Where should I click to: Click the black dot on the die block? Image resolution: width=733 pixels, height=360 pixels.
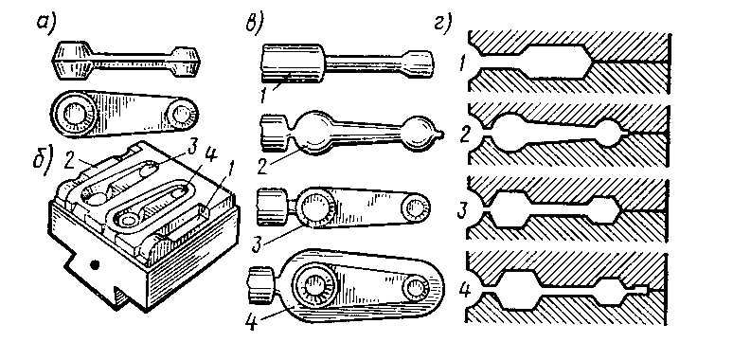pos(96,265)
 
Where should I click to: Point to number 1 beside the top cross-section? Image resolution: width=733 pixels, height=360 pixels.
pos(463,63)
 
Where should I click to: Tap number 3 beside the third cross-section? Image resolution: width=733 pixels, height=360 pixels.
pos(462,209)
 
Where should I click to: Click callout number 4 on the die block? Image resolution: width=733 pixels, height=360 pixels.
pos(212,155)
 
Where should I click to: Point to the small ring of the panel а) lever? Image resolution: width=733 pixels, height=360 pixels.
pos(182,114)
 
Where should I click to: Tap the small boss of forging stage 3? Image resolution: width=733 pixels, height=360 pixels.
pos(414,207)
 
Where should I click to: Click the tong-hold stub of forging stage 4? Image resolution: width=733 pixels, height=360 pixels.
pos(260,282)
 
